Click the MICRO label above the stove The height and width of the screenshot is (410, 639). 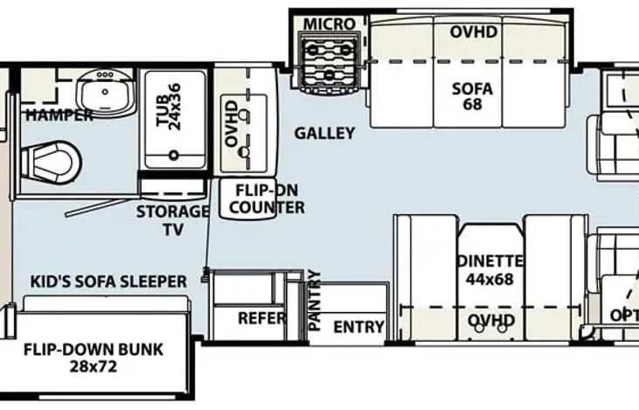click(324, 23)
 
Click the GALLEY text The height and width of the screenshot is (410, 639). click(324, 134)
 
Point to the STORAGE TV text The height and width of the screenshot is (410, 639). click(172, 219)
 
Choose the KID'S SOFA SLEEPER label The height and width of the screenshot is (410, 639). click(108, 281)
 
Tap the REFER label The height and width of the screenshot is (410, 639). click(261, 318)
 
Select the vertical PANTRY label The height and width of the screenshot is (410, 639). click(316, 301)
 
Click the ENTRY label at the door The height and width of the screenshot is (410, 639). click(358, 327)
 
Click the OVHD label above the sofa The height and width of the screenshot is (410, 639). click(474, 32)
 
